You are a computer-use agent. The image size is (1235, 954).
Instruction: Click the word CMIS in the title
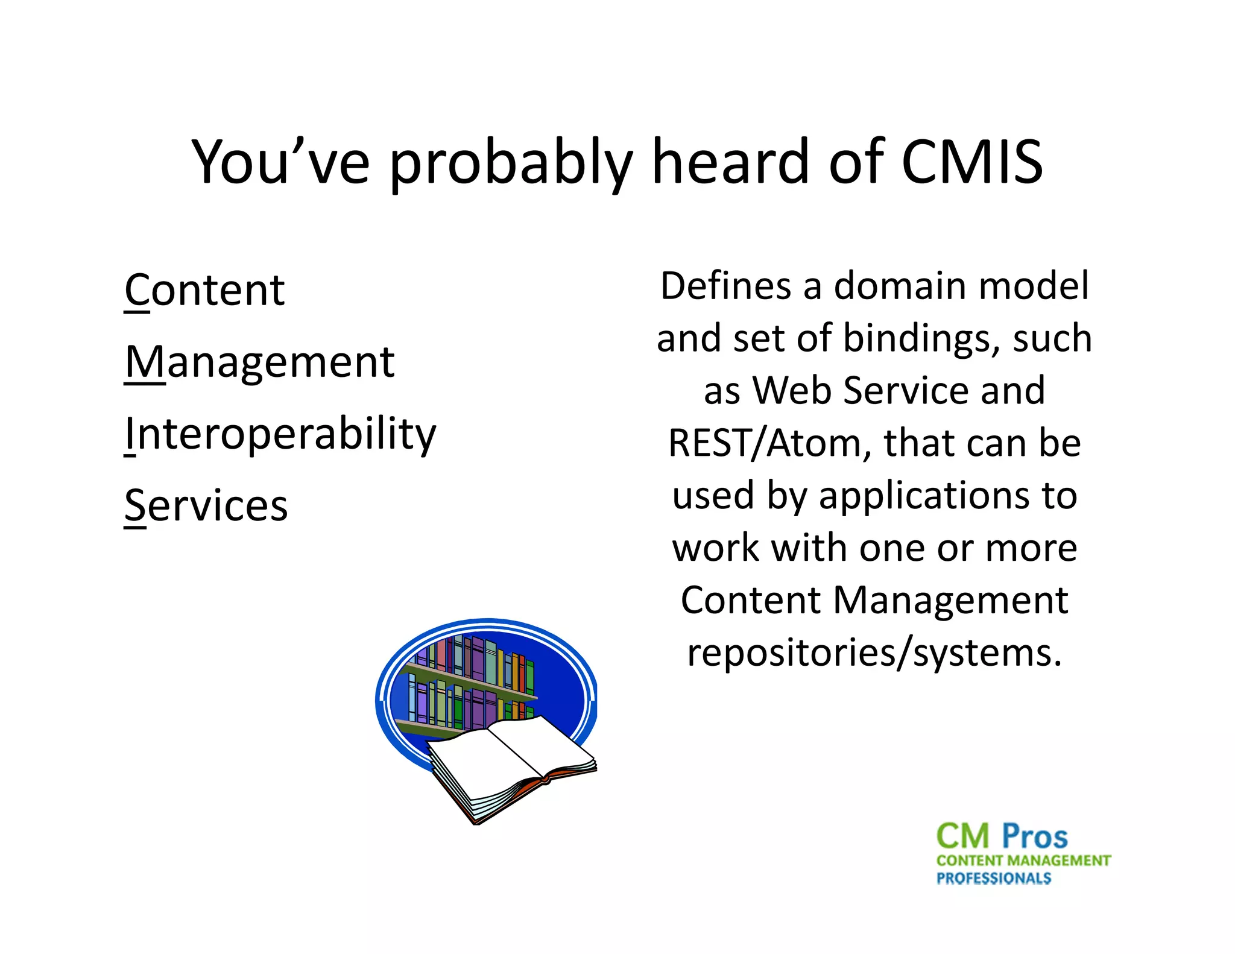971,162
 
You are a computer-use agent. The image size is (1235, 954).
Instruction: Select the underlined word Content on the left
204,291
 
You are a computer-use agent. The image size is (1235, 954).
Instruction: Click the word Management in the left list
260,363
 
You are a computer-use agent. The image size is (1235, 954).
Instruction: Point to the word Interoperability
280,435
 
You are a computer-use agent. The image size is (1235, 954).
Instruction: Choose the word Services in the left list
206,506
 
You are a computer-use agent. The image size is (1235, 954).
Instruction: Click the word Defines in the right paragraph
725,286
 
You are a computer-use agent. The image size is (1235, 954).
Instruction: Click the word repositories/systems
874,653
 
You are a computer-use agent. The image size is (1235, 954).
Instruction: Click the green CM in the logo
963,837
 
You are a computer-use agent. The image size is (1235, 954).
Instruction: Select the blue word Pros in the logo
1035,837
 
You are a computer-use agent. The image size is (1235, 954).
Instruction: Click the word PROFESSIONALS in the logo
993,879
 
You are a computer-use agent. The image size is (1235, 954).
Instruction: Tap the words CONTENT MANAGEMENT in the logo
1023,861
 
